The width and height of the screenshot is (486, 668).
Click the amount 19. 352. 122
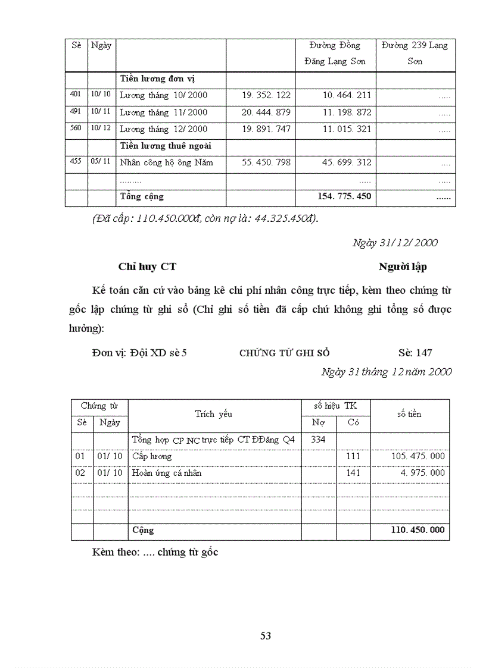[266, 95]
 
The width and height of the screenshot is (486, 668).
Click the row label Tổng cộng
[142, 196]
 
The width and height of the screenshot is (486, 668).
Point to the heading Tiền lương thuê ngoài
[166, 146]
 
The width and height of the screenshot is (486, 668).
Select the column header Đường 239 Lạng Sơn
[415, 53]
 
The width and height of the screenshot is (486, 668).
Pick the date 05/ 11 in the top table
[101, 161]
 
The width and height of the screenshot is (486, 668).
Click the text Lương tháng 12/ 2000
[163, 129]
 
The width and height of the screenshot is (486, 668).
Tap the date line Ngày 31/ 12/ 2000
[395, 243]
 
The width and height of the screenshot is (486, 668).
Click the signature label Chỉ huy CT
[147, 267]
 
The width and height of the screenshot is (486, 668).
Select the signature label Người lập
[403, 267]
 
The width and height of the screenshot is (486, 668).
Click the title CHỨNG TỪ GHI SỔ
[284, 353]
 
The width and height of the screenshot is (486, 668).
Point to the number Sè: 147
[415, 353]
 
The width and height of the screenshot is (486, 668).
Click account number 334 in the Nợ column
[319, 440]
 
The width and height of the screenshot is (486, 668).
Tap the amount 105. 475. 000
[418, 456]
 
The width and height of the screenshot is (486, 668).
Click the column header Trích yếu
[213, 414]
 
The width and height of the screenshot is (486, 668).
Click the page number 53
[266, 636]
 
